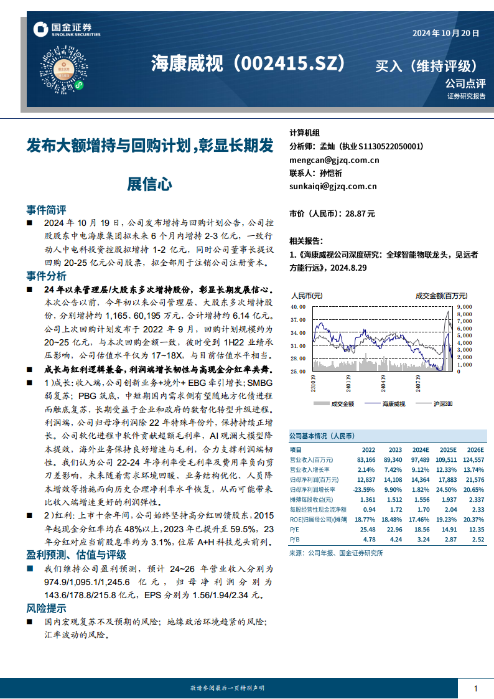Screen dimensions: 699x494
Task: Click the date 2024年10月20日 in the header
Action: point(446,34)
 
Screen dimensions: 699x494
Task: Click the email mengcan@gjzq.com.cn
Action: point(334,160)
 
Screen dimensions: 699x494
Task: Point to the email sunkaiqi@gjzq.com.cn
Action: point(333,185)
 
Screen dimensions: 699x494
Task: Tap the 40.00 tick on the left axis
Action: point(298,306)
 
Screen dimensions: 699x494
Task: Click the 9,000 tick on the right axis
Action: point(465,306)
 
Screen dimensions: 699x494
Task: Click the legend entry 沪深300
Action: point(444,404)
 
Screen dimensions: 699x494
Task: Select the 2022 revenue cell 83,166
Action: point(366,459)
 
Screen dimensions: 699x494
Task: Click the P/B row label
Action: point(296,540)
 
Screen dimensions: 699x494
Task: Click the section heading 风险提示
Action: point(46,608)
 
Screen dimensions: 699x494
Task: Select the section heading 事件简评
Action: point(46,209)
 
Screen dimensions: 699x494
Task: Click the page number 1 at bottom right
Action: point(476,688)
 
